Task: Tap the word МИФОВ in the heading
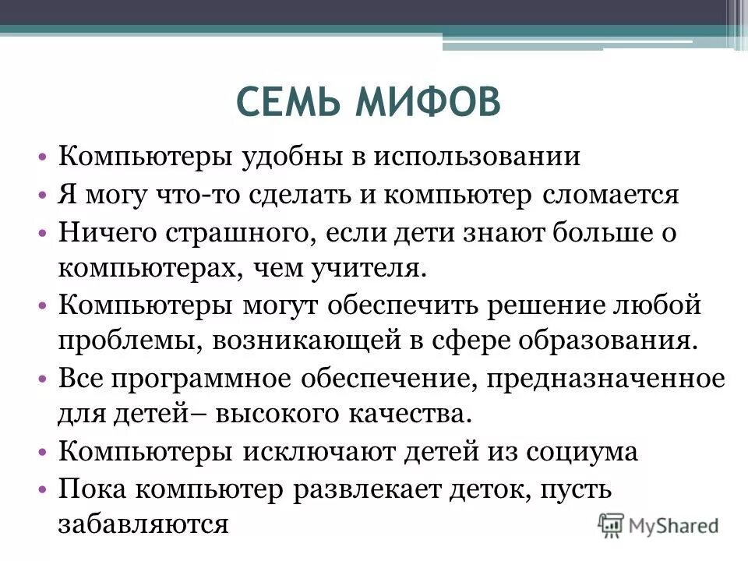click(x=428, y=103)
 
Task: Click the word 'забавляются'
click(x=143, y=524)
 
